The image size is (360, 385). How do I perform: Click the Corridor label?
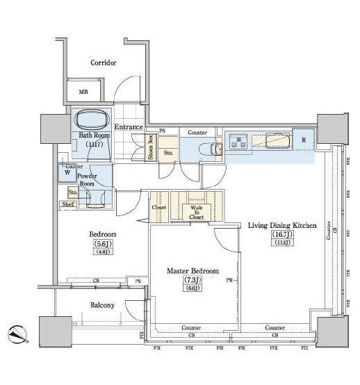[103, 63]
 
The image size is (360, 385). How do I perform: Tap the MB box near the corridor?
[83, 92]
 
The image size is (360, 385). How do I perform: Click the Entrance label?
[129, 127]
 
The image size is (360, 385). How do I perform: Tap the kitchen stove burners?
[240, 140]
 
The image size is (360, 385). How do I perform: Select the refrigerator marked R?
[303, 139]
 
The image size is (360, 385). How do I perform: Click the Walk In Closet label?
[193, 212]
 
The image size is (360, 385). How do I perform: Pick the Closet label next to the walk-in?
[159, 208]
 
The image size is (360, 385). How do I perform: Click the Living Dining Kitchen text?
[282, 226]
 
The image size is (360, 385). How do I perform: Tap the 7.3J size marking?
[191, 280]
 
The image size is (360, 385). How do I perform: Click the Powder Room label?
[86, 180]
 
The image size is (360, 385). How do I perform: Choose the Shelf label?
[67, 204]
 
